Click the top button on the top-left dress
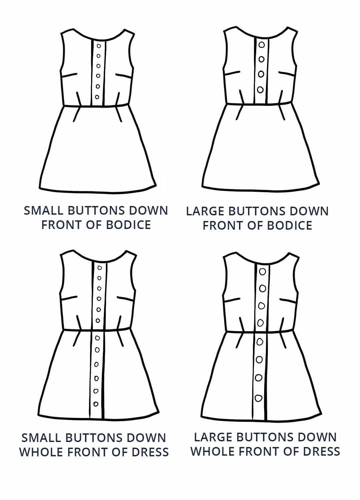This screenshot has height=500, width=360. point(99,46)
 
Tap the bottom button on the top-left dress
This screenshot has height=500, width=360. point(97,97)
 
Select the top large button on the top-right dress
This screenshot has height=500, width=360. point(262,45)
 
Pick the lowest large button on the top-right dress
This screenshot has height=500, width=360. point(260,90)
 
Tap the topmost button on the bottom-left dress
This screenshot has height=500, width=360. point(100,268)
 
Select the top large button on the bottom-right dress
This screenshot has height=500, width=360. point(262,272)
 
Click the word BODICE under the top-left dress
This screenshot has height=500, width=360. point(128,225)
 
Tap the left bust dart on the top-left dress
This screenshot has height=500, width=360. point(69,75)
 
